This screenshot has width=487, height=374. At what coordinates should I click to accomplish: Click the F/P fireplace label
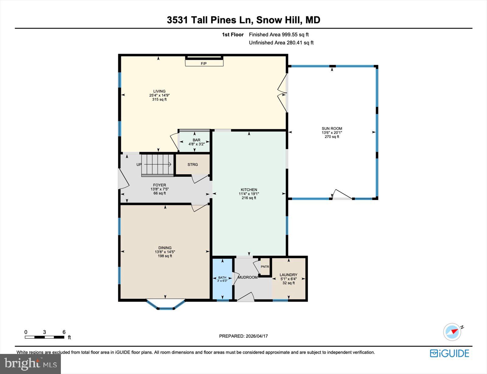[x=204, y=64]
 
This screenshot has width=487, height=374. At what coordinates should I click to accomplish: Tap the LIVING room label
[x=159, y=91]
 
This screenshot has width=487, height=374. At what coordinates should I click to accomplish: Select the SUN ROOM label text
[x=332, y=129]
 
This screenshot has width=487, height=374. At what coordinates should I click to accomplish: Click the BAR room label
[x=196, y=140]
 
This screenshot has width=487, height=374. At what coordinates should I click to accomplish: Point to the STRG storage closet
[x=193, y=164]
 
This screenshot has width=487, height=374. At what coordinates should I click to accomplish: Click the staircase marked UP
[x=157, y=164]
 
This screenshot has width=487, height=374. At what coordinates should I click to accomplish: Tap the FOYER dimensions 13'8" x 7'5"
[x=159, y=189]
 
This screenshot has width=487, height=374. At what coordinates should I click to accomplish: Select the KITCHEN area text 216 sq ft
[x=249, y=198]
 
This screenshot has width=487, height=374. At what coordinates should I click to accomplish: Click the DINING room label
[x=165, y=248]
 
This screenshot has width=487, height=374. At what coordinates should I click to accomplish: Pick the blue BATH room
[x=222, y=279]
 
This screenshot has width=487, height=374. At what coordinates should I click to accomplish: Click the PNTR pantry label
[x=265, y=267]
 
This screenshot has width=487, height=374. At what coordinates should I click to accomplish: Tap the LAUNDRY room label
[x=288, y=275]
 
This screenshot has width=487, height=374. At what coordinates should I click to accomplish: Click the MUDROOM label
[x=247, y=277]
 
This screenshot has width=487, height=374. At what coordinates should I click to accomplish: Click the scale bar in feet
[x=44, y=337]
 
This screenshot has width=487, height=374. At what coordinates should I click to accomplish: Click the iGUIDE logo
[x=450, y=353]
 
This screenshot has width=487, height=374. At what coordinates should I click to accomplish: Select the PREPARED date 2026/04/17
[x=243, y=336]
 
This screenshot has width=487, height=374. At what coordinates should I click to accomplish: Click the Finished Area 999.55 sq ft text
[x=279, y=35]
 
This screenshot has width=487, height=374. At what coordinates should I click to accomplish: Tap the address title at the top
[x=243, y=20]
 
